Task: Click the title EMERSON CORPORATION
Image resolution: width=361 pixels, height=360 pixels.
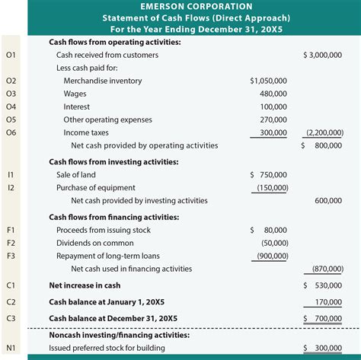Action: click(x=180, y=6)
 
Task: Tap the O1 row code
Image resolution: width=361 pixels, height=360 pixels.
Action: click(x=11, y=56)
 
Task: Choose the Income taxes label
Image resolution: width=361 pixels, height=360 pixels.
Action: click(x=88, y=132)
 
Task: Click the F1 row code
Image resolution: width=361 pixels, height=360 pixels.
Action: click(x=11, y=229)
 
